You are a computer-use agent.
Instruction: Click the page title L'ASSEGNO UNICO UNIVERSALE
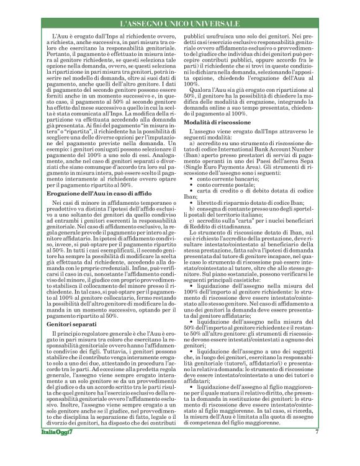click(x=179, y=24)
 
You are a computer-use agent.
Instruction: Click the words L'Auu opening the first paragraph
click(x=61, y=39)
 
